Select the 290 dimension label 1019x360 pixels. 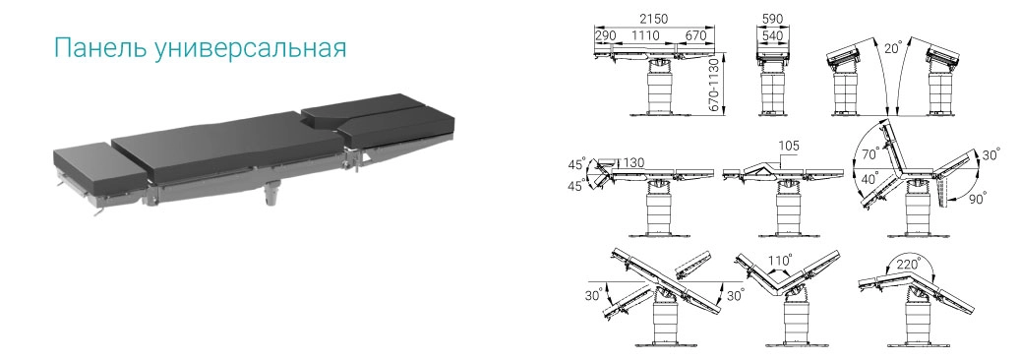[605, 35]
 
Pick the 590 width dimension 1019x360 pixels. [772, 19]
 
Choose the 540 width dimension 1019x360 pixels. [772, 35]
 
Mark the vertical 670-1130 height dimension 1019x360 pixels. [714, 85]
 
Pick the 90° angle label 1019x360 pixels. [977, 197]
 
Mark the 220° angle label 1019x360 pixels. [909, 265]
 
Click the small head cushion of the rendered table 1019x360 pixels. [97, 170]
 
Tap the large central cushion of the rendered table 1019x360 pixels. [227, 147]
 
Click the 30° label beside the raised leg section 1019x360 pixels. [989, 156]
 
